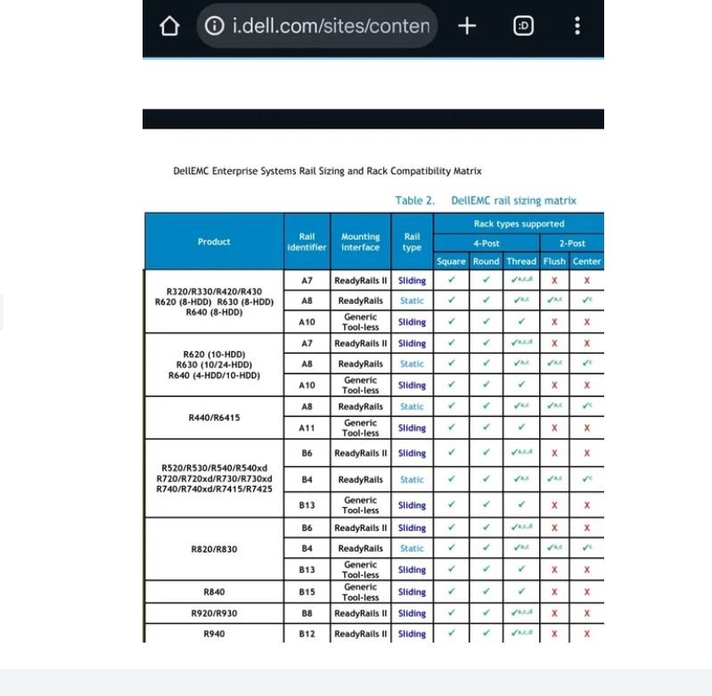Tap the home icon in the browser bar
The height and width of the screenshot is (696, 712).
pos(169,27)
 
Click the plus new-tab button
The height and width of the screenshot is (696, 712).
pos(467,26)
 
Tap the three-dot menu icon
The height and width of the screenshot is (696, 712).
pos(577,26)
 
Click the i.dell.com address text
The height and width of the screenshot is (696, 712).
pos(331,26)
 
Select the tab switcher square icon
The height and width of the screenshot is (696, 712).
pos(524,26)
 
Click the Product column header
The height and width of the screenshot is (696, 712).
pos(214,242)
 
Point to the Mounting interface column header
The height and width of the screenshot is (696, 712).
pos(360,242)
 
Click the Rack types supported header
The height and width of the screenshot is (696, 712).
pos(519,224)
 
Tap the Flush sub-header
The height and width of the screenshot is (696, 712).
pos(554,261)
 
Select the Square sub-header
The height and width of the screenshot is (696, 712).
pos(451,261)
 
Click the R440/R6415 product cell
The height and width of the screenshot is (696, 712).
pos(214,417)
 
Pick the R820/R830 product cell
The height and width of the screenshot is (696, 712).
pos(214,549)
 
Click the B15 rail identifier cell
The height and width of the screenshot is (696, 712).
pos(307,592)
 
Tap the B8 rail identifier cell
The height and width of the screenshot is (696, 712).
pos(307,613)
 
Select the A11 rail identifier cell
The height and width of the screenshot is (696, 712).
pos(307,428)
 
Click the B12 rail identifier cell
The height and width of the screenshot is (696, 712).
pos(307,634)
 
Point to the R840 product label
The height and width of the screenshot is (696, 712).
pos(214,592)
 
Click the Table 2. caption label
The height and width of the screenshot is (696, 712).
pos(414,201)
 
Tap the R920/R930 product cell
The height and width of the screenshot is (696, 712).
pos(214,613)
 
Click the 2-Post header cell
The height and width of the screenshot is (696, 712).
pos(572,242)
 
